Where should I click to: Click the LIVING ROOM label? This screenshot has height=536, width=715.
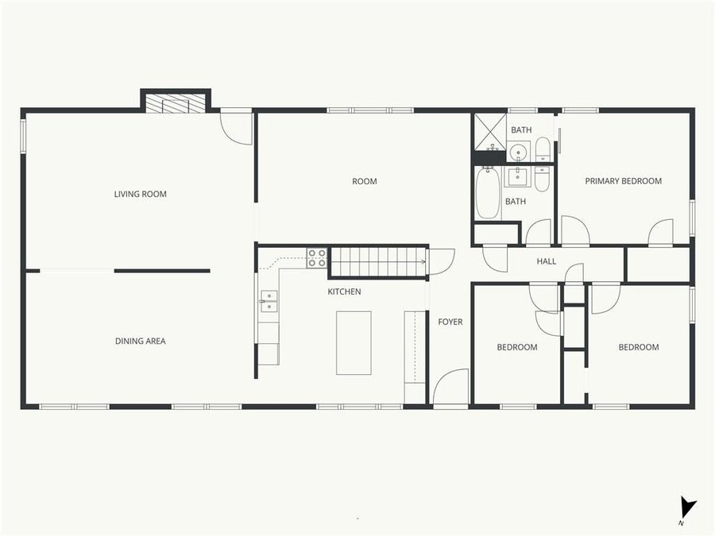pos(141,194)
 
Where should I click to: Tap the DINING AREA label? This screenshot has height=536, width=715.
pos(141,341)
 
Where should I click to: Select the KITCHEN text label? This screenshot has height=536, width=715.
pos(344,292)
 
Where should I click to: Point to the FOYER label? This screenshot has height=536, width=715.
pos(450,322)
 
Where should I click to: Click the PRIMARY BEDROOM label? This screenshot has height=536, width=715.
pos(623,181)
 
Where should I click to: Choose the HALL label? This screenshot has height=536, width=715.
pos(547,261)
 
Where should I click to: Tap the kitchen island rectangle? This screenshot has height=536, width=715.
pos(354,342)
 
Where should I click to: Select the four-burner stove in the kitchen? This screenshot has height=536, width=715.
pos(317,257)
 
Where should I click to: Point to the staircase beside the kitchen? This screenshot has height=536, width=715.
pos(377,261)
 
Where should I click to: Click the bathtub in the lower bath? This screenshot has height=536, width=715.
pos(487,193)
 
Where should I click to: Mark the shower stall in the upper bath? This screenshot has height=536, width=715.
pos(489,132)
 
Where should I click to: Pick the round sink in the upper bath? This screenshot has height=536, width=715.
pos(519,151)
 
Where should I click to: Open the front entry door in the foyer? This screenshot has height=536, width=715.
pos(450,388)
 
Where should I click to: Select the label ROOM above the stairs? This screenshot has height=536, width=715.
pos(365,182)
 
